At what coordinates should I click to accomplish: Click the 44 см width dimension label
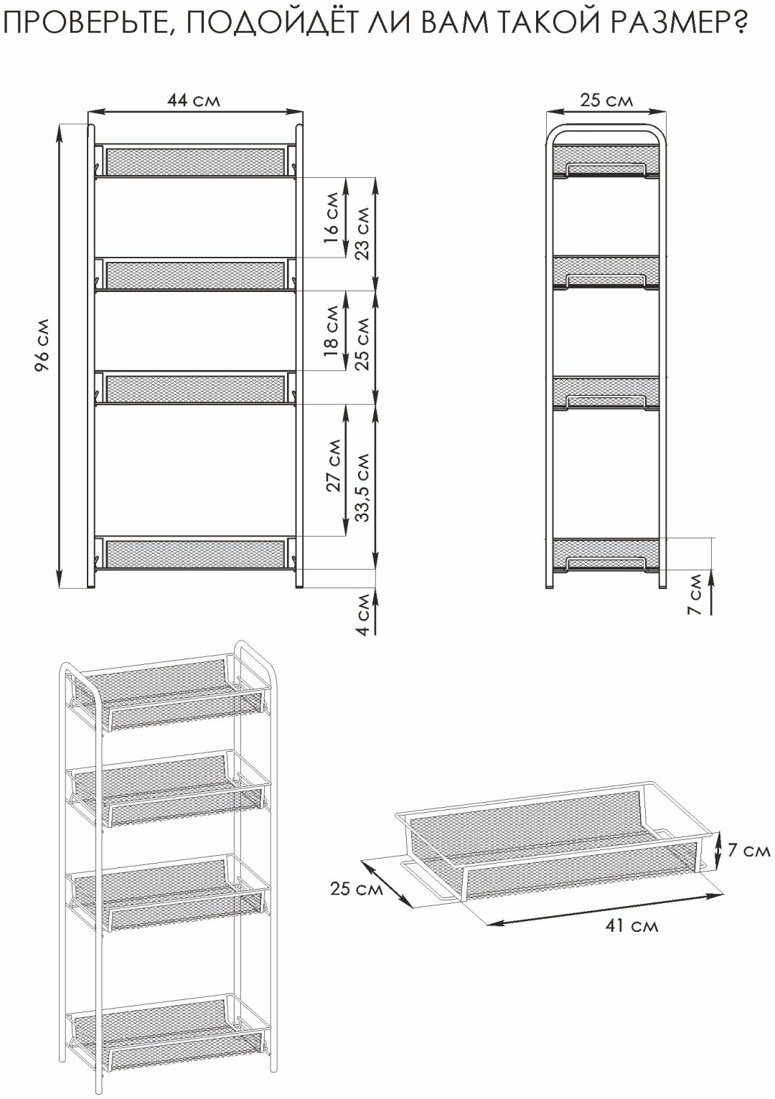[x=193, y=100]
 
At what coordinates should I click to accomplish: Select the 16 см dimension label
[x=332, y=218]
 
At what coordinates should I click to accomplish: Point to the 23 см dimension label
[x=362, y=233]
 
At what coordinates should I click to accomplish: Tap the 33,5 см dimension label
[x=362, y=486]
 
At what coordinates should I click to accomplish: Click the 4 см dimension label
[x=362, y=615]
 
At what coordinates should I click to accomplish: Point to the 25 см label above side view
[x=606, y=100]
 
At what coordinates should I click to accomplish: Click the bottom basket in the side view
[x=606, y=556]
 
